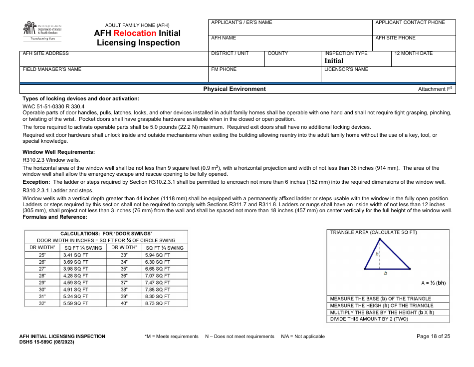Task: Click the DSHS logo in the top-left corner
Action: [42, 31]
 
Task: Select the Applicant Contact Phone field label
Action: [410, 22]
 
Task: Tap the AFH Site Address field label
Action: [46, 53]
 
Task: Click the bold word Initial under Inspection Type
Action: [334, 61]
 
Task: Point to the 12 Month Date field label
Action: [413, 53]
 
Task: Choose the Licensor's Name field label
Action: [346, 69]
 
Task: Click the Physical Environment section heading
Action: [235, 89]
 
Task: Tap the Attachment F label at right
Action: [434, 89]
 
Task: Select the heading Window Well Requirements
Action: [59, 152]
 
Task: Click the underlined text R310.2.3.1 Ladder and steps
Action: [58, 190]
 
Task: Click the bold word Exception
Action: [35, 182]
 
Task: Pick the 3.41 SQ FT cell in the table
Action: [75, 255]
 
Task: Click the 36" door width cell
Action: [124, 276]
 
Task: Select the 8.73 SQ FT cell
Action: [158, 304]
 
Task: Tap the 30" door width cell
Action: [42, 290]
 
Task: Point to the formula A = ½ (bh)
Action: [433, 283]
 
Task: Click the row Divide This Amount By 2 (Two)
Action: [369, 319]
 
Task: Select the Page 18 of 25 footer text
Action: [433, 337]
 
